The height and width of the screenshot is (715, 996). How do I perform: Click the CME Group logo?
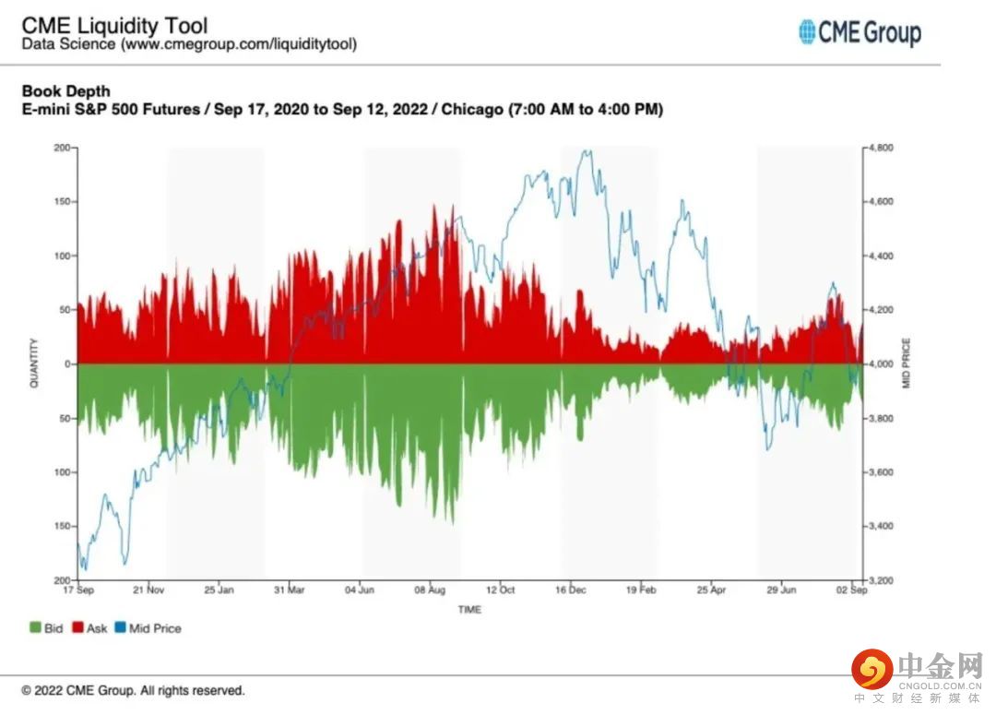tap(860, 33)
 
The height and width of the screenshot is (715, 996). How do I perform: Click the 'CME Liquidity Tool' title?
tap(114, 25)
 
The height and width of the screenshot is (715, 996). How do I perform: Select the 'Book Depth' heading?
tap(65, 90)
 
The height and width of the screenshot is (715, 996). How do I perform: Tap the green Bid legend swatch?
tap(35, 628)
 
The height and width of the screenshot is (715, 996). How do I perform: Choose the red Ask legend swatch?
tap(77, 628)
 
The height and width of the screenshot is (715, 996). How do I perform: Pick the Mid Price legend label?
tap(155, 628)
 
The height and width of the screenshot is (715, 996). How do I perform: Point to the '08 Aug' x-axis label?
tap(431, 590)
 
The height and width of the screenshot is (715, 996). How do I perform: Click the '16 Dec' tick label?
tap(571, 590)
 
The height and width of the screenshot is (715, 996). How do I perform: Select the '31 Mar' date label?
tap(290, 590)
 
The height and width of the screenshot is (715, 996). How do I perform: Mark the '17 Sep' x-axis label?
tap(79, 590)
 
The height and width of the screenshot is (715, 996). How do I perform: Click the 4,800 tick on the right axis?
tap(883, 148)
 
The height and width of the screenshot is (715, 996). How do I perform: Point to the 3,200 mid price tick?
tap(883, 580)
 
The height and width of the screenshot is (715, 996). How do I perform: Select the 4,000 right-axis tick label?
tap(883, 364)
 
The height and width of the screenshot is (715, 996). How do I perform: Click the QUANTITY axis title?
tap(34, 363)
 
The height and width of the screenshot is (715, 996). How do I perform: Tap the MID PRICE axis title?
tap(907, 363)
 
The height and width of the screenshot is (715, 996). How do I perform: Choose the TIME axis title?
tap(469, 609)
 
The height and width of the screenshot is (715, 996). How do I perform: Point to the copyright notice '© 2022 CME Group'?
tap(133, 690)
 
